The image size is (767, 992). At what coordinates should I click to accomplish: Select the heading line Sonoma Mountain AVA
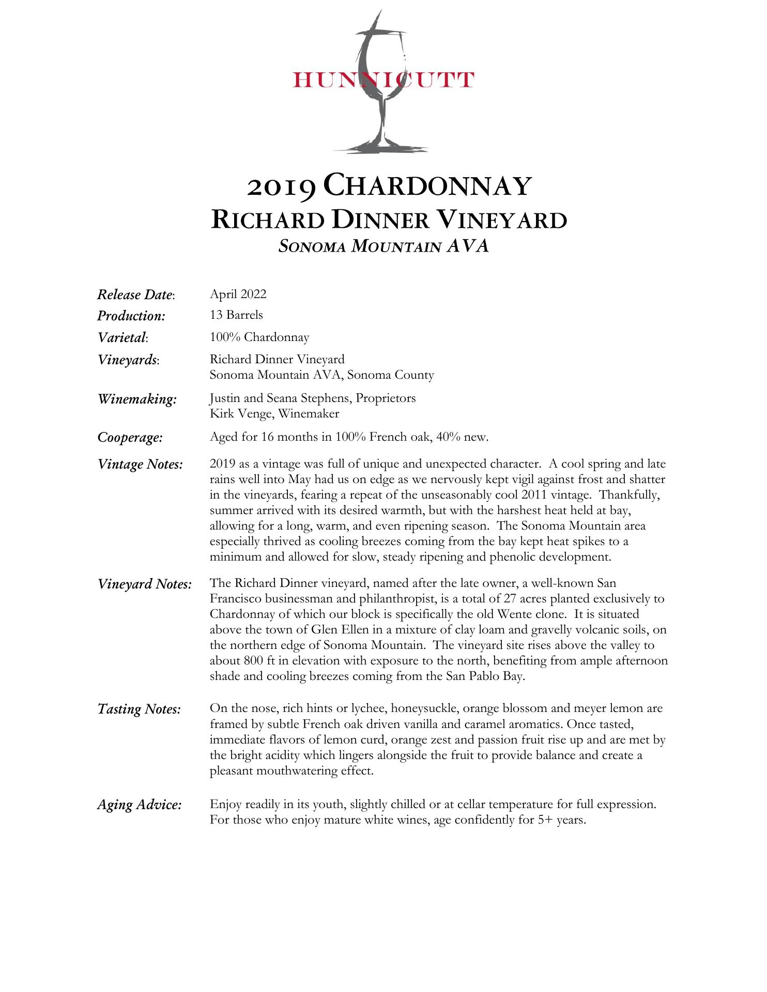(383, 246)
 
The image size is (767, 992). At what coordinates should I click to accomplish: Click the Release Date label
(136, 295)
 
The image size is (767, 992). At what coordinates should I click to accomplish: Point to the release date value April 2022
(238, 294)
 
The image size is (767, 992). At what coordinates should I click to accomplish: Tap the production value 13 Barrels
(236, 315)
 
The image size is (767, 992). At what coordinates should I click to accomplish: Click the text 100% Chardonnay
(259, 337)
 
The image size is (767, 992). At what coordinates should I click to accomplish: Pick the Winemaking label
(137, 399)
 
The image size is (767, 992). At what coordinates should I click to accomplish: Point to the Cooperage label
(130, 438)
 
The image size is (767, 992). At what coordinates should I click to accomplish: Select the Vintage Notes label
(140, 464)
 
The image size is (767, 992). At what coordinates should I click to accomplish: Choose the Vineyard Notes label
(145, 584)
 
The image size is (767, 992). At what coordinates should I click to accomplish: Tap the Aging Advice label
(140, 804)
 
